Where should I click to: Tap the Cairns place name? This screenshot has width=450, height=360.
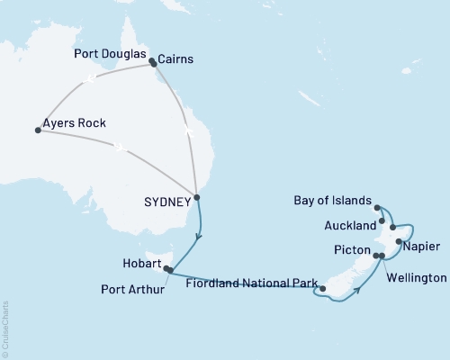pyautogui.click(x=175, y=60)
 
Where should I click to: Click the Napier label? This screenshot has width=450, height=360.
pyautogui.click(x=422, y=245)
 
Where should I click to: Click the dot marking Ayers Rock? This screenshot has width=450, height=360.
pyautogui.click(x=37, y=130)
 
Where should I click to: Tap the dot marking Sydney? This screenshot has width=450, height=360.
pyautogui.click(x=196, y=197)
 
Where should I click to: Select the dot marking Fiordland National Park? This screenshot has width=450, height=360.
pyautogui.click(x=321, y=287)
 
